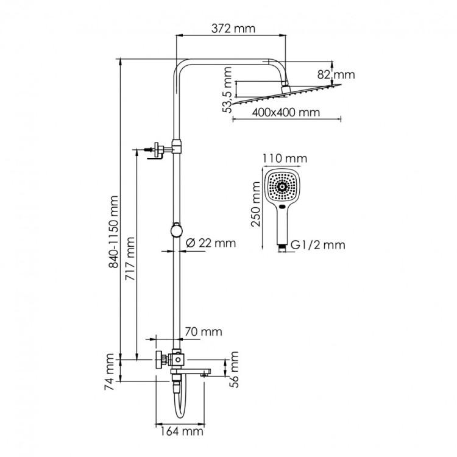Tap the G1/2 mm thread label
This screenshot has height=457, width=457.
[317, 245]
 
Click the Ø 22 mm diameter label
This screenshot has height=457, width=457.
[208, 243]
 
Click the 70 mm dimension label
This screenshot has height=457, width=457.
[202, 332]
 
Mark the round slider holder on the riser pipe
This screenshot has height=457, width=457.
[176, 230]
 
